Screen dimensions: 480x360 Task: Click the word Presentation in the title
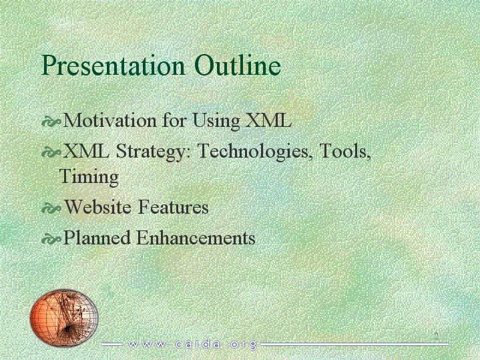[x=113, y=66]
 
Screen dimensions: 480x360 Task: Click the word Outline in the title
[x=238, y=65]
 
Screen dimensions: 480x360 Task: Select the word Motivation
[x=109, y=120]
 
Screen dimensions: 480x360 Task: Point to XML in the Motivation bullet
[x=269, y=120]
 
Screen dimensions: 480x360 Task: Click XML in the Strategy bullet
[x=85, y=150]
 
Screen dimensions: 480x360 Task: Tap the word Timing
[x=89, y=177]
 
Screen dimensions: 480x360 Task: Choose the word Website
[x=98, y=206]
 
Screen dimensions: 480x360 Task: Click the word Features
[x=174, y=206]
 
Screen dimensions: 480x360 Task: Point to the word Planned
[x=96, y=238]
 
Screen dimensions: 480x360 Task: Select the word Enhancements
[x=196, y=238]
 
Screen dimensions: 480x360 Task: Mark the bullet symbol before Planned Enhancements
[x=51, y=239]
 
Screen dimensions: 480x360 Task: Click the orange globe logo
[x=64, y=318]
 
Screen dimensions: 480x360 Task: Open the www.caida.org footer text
[x=192, y=345]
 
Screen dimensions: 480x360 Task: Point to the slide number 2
[x=436, y=336]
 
